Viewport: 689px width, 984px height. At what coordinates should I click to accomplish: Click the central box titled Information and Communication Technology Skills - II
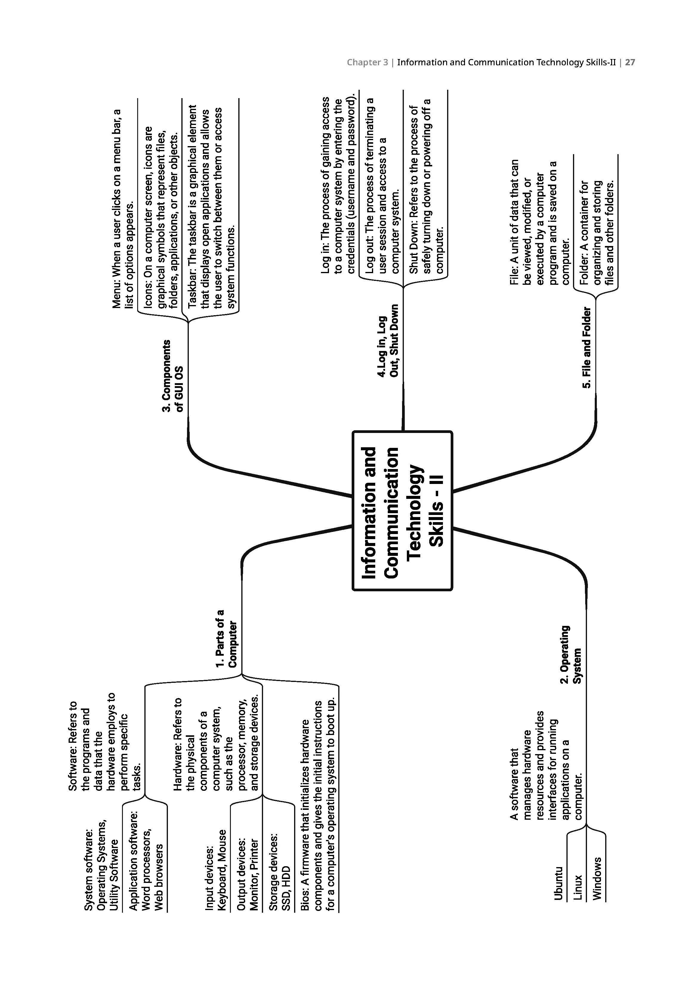coord(402,510)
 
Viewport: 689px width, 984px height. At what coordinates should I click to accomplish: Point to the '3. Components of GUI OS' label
coord(172,375)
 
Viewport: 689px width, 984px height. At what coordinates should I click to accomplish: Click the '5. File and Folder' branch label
coord(586,347)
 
